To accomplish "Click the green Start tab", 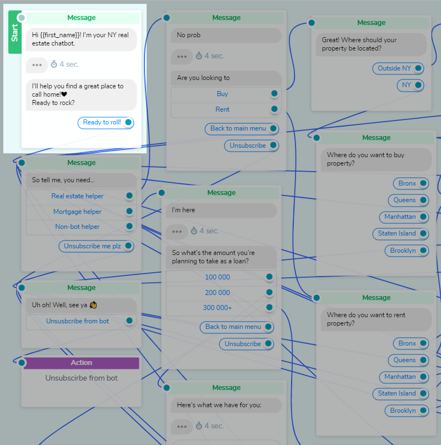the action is pyautogui.click(x=14, y=32).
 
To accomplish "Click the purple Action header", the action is pyautogui.click(x=82, y=363).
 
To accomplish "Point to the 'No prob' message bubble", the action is pyautogui.click(x=226, y=35).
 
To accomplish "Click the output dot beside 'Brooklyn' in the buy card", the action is pyautogui.click(x=423, y=251).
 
